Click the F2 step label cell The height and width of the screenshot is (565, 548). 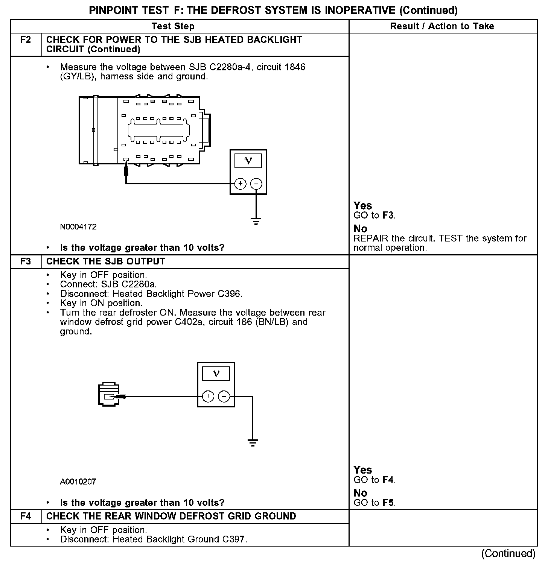pyautogui.click(x=26, y=40)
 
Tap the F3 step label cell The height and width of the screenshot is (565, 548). pyautogui.click(x=26, y=261)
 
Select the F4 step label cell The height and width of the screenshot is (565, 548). pyautogui.click(x=26, y=516)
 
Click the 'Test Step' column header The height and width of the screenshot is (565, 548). pyautogui.click(x=173, y=26)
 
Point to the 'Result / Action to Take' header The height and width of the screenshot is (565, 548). pyautogui.click(x=442, y=26)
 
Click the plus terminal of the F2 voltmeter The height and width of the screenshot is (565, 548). pyautogui.click(x=240, y=184)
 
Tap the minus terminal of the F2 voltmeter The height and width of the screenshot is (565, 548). pyautogui.click(x=256, y=184)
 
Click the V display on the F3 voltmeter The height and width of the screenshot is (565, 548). pyautogui.click(x=216, y=374)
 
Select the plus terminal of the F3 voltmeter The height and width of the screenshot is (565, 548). pyautogui.click(x=208, y=396)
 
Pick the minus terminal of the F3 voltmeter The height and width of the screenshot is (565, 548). pyautogui.click(x=224, y=396)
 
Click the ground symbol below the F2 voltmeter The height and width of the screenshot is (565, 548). pyautogui.click(x=256, y=221)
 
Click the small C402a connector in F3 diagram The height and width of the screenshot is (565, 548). pyautogui.click(x=109, y=396)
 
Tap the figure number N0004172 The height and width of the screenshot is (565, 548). pyautogui.click(x=78, y=227)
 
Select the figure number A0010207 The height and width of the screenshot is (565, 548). pyautogui.click(x=78, y=481)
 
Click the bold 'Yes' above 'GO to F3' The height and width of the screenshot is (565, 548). pyautogui.click(x=363, y=206)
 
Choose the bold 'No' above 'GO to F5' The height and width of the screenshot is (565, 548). pyautogui.click(x=360, y=493)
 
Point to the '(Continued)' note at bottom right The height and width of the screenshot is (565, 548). pyautogui.click(x=508, y=553)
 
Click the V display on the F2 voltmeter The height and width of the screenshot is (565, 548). pyautogui.click(x=248, y=161)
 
